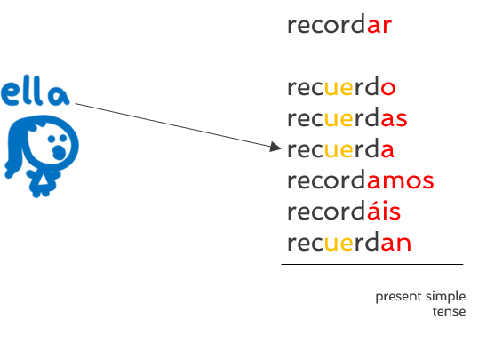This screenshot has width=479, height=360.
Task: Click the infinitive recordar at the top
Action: click(x=339, y=24)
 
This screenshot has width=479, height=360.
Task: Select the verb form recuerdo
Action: click(x=341, y=86)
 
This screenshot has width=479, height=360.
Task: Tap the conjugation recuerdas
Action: click(x=347, y=117)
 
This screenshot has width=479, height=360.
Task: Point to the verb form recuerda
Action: click(x=340, y=148)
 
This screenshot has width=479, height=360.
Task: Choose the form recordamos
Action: click(x=361, y=180)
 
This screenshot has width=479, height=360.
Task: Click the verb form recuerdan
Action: click(x=349, y=242)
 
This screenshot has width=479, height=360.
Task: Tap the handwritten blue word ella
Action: click(x=36, y=91)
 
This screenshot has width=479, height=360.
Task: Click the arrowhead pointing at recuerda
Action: click(x=275, y=147)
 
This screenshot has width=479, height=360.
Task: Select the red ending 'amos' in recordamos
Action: click(x=400, y=181)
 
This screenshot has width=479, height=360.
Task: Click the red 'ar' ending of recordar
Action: click(x=379, y=26)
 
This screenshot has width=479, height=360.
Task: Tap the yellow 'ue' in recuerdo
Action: click(x=339, y=88)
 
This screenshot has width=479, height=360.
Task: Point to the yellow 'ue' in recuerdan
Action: click(x=339, y=244)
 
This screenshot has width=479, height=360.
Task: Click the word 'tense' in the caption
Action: click(x=449, y=312)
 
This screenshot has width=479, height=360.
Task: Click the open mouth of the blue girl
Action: click(x=59, y=152)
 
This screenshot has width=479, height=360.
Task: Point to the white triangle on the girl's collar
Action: click(x=43, y=180)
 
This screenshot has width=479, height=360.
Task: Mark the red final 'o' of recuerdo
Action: click(x=388, y=88)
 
